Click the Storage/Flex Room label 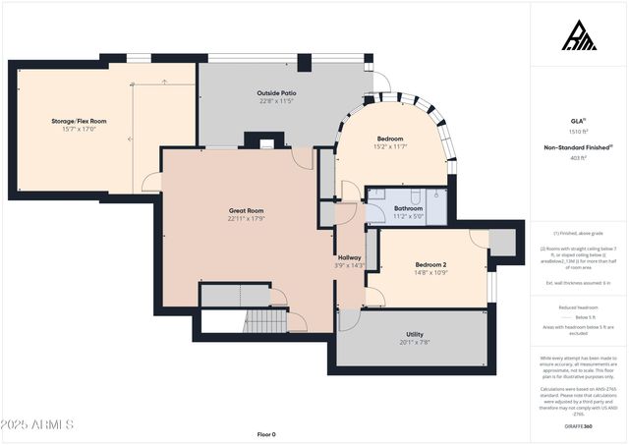click(79, 121)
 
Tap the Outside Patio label click(277, 93)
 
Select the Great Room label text click(246, 210)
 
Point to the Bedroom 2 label click(430, 265)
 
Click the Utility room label click(414, 335)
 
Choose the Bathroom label click(409, 208)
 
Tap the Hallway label click(350, 257)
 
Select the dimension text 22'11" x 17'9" click(246, 219)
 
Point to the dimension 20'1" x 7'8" click(414, 343)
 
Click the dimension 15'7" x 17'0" click(79, 129)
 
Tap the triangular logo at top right click(578, 36)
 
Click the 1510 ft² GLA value click(578, 131)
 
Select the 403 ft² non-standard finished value click(578, 157)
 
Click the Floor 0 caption click(266, 434)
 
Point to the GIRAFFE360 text click(578, 426)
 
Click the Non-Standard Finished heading click(578, 146)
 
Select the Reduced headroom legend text click(578, 307)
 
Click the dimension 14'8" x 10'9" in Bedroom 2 click(430, 273)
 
